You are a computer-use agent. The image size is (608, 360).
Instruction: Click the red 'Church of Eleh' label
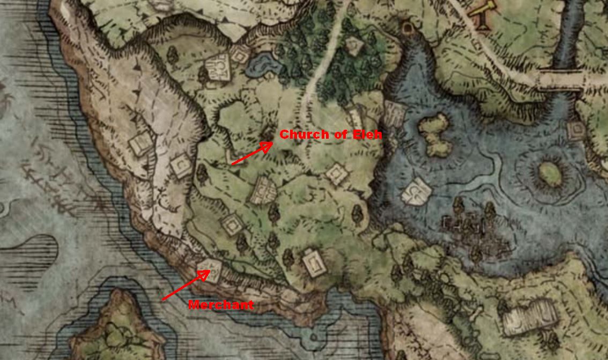[331, 134]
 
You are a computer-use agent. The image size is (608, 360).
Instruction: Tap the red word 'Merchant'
[221, 305]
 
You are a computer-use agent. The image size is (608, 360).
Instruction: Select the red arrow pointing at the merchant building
[184, 286]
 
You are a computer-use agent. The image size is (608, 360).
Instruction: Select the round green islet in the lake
[550, 172]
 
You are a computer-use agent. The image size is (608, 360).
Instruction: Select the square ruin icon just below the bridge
[575, 130]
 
